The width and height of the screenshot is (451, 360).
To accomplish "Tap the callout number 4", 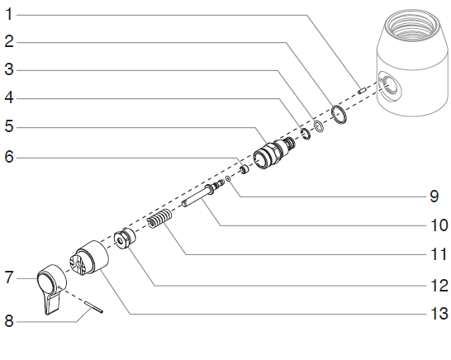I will pos(9,98).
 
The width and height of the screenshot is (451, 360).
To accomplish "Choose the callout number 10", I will pos(438,225).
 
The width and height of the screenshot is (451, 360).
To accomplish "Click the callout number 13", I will pos(438,314).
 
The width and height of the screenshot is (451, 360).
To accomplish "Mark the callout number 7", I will pos(9,277).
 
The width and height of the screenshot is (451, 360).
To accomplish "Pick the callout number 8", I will pos(9,321).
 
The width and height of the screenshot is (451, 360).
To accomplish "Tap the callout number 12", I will pos(438,286).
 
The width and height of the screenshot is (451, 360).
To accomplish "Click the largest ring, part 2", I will pos(338,113).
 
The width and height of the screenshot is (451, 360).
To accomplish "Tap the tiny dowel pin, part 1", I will pos(362,88).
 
